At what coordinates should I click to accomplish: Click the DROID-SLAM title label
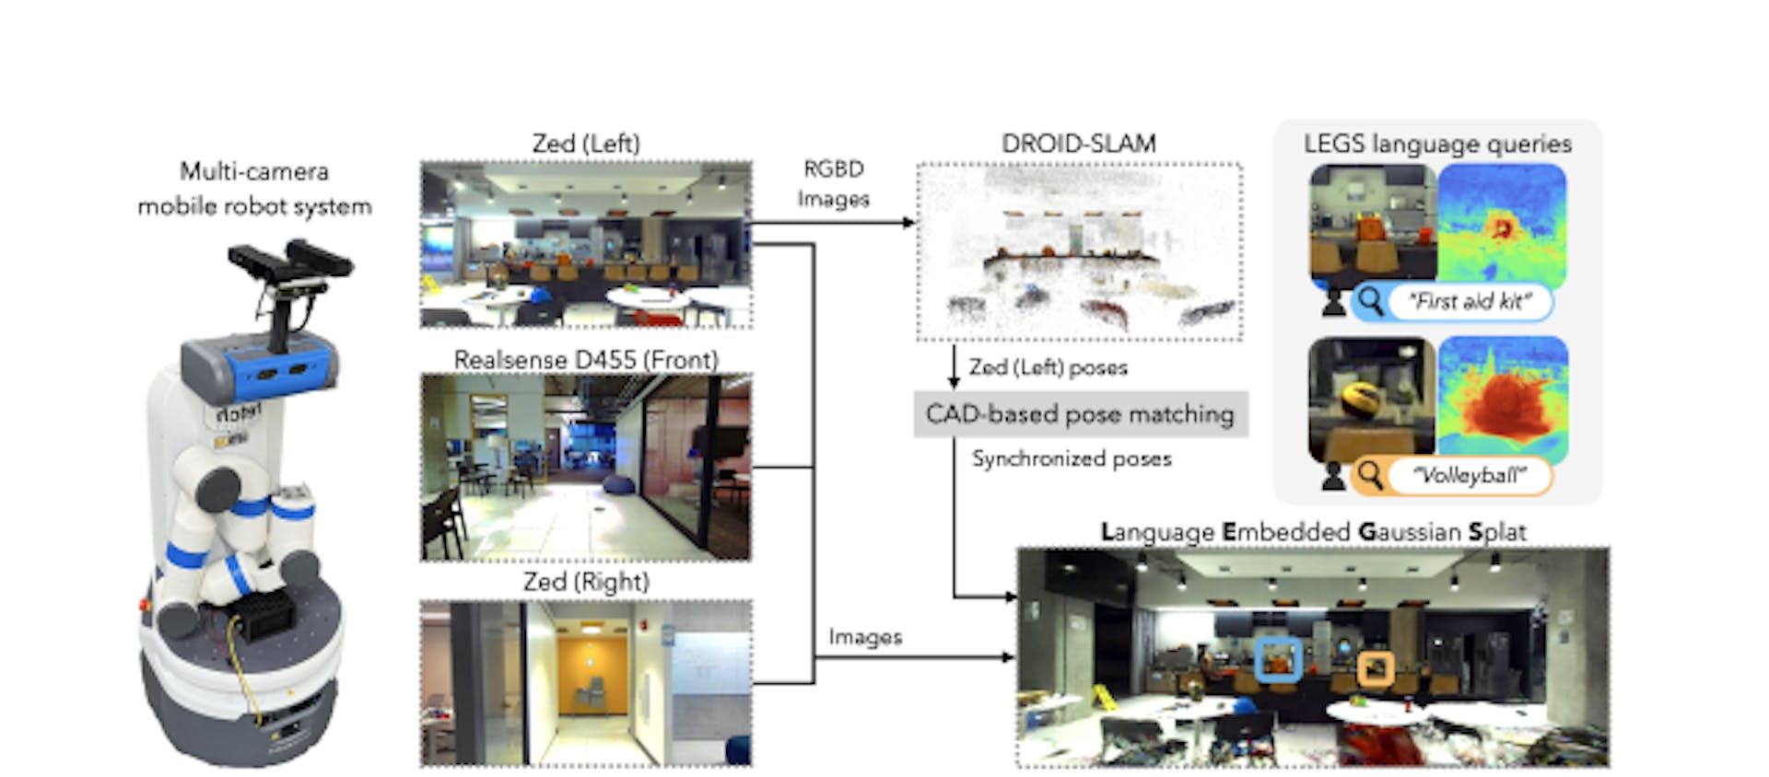coord(1078,144)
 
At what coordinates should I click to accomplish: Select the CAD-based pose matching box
coord(1080,414)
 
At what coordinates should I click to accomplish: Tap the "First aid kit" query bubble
coord(1470,302)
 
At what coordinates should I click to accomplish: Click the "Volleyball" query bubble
coord(1470,476)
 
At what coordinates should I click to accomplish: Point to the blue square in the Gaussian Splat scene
coord(1279,659)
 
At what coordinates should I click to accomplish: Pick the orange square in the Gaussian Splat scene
coord(1376,668)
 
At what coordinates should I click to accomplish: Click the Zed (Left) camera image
coord(586,245)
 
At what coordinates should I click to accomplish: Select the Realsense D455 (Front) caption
coord(586,360)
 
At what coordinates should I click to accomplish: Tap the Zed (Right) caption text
coord(586,582)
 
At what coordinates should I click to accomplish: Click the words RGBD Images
coord(833,183)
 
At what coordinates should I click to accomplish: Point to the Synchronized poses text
coord(1072,458)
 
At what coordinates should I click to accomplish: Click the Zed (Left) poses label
coord(1048,367)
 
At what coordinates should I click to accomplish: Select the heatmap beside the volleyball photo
coord(1502,400)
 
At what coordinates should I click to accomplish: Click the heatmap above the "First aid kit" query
coord(1502,224)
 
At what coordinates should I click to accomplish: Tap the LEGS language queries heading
coord(1437,144)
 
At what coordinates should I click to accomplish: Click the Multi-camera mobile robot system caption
coord(254,189)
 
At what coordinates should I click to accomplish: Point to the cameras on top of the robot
coord(290,262)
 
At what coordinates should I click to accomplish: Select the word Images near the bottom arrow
coord(864,637)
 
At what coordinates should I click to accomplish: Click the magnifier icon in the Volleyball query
coord(1370,475)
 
